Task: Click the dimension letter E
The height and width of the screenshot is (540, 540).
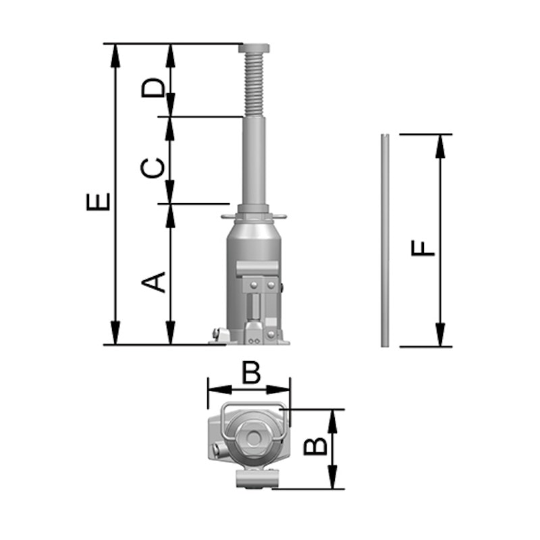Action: tap(98, 202)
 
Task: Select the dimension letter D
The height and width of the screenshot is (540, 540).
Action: tap(153, 88)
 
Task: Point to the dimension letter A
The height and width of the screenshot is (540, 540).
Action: tap(153, 282)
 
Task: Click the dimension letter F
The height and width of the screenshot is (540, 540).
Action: tap(423, 248)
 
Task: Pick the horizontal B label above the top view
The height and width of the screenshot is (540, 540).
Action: tap(251, 373)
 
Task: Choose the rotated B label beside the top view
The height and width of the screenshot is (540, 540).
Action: tap(315, 446)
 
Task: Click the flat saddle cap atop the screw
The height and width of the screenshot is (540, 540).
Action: tap(254, 49)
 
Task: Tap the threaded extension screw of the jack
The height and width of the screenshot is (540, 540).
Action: tap(254, 85)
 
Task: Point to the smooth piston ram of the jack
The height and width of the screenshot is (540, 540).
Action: tap(254, 161)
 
